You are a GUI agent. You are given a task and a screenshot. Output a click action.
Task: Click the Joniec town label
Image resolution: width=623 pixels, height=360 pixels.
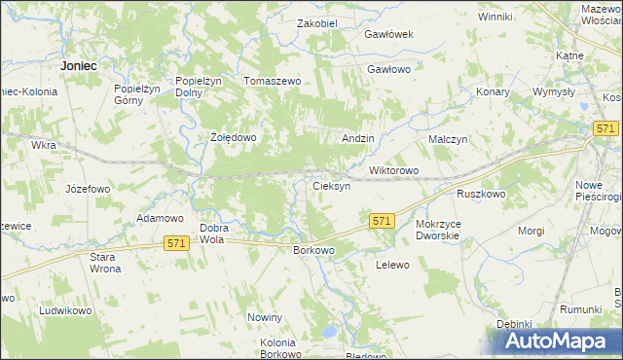click(x=78, y=65)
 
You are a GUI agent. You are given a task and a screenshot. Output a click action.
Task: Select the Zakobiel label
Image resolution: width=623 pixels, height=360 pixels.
click(x=316, y=23)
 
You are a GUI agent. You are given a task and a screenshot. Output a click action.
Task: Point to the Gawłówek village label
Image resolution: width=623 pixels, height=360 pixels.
click(x=389, y=34)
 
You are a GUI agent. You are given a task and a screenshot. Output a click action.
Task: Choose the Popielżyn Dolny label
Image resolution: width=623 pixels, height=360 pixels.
click(x=195, y=88)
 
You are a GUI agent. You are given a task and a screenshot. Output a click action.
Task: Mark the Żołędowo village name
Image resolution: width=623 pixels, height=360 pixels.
click(x=234, y=138)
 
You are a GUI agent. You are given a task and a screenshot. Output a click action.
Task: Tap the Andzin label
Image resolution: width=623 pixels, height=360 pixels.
click(x=358, y=139)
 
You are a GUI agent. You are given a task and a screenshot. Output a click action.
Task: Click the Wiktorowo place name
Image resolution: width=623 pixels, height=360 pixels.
click(x=393, y=171)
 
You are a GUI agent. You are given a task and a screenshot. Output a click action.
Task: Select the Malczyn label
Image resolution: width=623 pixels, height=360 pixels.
click(x=449, y=140)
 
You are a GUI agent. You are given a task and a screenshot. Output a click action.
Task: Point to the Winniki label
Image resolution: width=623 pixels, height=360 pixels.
click(x=495, y=17)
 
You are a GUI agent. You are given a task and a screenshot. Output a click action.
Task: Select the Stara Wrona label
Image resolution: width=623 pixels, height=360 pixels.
click(x=104, y=263)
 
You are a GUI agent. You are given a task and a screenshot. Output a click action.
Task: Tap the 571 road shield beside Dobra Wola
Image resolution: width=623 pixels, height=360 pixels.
click(x=176, y=242)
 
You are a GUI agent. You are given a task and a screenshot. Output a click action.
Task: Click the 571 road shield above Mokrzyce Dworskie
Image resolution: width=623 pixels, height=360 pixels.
click(x=382, y=222)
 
